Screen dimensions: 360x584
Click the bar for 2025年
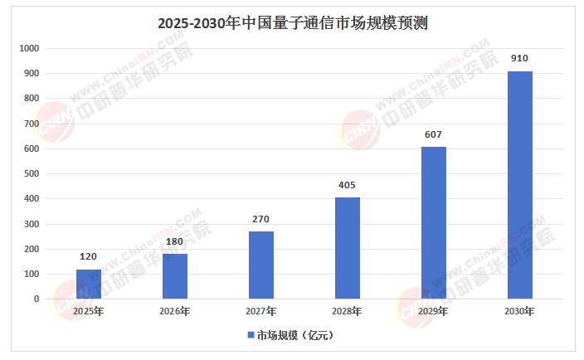click(x=89, y=284)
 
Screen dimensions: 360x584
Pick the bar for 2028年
click(x=348, y=248)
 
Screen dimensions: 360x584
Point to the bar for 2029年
click(x=434, y=222)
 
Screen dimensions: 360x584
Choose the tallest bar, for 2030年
click(x=520, y=185)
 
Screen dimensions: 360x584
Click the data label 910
click(x=520, y=59)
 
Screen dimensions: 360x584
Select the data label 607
click(x=434, y=134)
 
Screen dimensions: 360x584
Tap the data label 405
click(x=348, y=185)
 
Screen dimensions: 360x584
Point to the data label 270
click(x=261, y=219)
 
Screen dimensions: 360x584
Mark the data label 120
click(x=89, y=256)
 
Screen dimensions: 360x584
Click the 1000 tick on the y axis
click(x=29, y=49)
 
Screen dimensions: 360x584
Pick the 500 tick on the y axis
click(x=32, y=174)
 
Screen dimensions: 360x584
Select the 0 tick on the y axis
click(x=36, y=299)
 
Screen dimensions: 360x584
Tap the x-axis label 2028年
click(x=348, y=312)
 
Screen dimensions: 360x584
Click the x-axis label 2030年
click(x=520, y=312)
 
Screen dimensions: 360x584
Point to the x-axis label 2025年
click(x=89, y=312)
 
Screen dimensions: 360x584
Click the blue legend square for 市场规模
click(x=251, y=336)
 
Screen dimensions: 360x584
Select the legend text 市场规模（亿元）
click(x=294, y=336)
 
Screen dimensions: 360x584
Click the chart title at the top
click(x=292, y=23)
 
